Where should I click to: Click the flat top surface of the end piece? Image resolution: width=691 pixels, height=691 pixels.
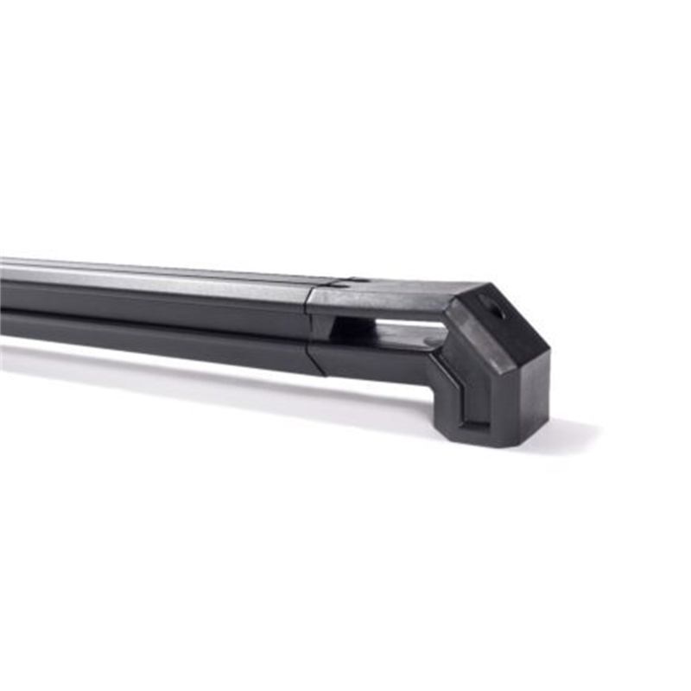pos(389,294)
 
